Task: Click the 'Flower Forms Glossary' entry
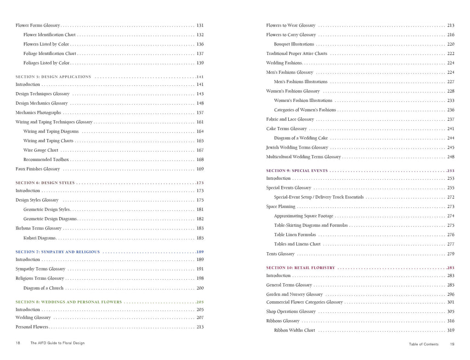point(38,26)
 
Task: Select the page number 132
point(200,35)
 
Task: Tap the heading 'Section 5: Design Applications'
point(53,77)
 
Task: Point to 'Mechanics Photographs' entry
point(38,113)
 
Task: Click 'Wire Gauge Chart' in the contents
point(41,150)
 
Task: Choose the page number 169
point(200,169)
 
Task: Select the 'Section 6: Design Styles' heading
point(45,183)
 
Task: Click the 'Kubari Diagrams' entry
point(39,238)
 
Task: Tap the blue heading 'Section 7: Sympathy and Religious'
point(57,252)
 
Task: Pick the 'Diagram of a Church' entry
point(43,288)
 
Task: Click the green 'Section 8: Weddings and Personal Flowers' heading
point(68,302)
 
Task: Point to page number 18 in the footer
point(18,343)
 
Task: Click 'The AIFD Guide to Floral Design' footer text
point(57,343)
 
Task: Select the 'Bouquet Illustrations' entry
point(294,44)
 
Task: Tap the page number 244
point(450,138)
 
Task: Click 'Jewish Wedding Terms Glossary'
point(297,148)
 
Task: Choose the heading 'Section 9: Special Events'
point(297,171)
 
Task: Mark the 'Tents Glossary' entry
point(280,254)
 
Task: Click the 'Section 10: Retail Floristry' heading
point(300,268)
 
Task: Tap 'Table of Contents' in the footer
point(423,344)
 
